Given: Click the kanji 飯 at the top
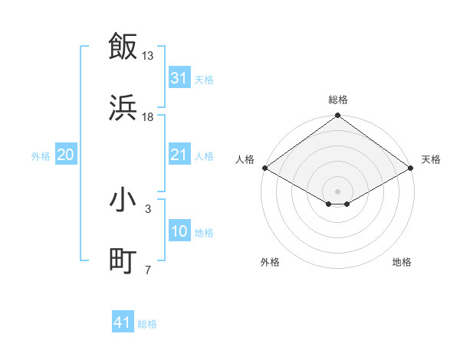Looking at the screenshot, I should click(x=123, y=46).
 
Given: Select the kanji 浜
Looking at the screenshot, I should click(x=123, y=107).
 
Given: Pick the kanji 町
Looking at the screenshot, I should click(x=123, y=261).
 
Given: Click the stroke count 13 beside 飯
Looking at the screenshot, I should click(x=148, y=56).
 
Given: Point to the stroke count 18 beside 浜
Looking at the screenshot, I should click(x=148, y=117).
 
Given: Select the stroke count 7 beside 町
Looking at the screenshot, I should click(x=148, y=270).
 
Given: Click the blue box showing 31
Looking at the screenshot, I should click(x=179, y=78).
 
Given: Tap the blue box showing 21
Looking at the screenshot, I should click(x=179, y=155).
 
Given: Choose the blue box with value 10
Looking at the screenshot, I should click(x=179, y=231).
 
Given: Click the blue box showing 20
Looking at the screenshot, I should click(x=65, y=155).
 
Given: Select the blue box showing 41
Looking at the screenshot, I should click(x=123, y=322).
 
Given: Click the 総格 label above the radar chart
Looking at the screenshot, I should click(x=338, y=100).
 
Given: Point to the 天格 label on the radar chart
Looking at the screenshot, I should click(x=431, y=159).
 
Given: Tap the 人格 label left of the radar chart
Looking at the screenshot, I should click(x=245, y=159).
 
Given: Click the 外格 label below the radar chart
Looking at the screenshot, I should click(x=270, y=262).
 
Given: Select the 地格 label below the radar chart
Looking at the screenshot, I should click(x=402, y=262).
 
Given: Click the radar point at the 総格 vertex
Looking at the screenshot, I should click(x=337, y=116).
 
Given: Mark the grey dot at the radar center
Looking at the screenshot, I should click(x=337, y=191).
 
